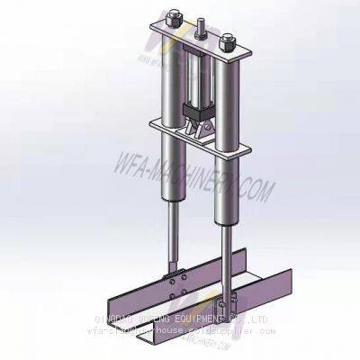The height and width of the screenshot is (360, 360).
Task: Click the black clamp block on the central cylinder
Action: coord(193,113)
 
